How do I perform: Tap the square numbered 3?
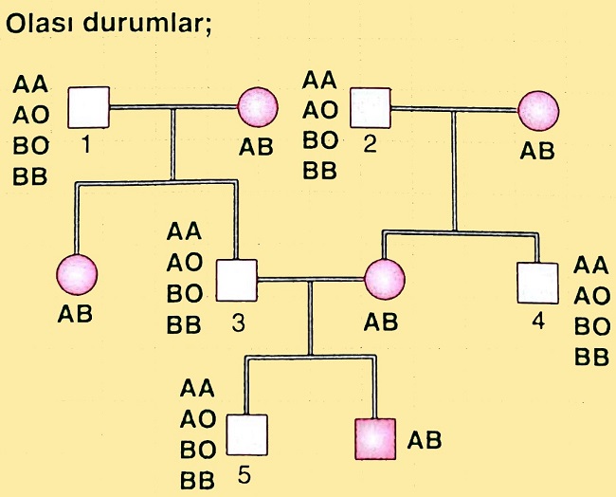(237, 281)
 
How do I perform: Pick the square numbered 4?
(537, 281)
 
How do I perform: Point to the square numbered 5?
(247, 433)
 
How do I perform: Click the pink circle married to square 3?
(385, 281)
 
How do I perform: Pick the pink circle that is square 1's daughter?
(78, 274)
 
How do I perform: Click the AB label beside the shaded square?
(425, 439)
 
